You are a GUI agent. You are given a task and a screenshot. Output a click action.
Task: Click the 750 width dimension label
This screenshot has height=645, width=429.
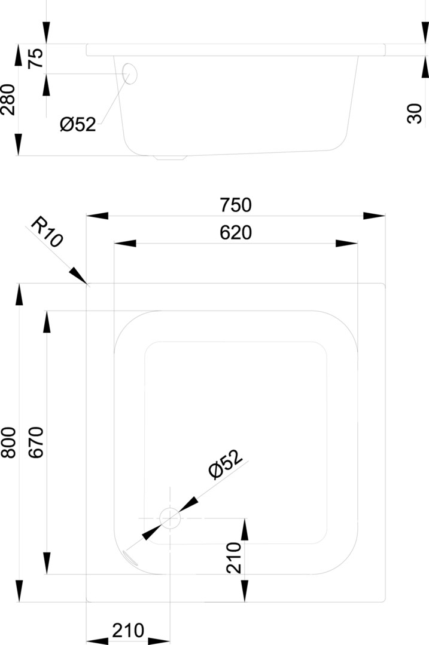click(x=235, y=205)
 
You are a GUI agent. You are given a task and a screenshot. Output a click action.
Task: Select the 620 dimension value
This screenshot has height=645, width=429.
click(x=235, y=233)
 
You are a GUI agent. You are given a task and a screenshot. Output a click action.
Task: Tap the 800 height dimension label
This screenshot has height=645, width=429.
click(x=8, y=442)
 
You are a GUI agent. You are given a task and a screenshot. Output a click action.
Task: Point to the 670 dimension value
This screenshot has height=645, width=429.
click(x=36, y=442)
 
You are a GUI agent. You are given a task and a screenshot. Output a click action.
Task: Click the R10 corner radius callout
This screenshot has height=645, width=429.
click(x=46, y=232)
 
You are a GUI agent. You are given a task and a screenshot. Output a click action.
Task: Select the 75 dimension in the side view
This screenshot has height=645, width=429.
click(x=36, y=59)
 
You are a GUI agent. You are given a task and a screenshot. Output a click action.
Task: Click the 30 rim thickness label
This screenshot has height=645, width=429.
click(x=414, y=112)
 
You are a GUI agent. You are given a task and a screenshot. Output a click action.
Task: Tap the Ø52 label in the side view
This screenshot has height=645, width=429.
click(x=78, y=124)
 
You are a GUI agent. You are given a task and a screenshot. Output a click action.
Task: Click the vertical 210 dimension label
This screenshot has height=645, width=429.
click(x=234, y=558)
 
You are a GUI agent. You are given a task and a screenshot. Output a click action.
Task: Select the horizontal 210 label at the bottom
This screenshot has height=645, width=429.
click(x=128, y=630)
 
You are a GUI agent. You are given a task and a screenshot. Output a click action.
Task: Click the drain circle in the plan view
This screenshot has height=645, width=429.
click(x=170, y=518)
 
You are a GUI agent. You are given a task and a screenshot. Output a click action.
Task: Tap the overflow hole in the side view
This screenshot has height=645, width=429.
click(x=130, y=74)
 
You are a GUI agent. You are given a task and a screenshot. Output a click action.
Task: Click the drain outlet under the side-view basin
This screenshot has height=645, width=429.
click(x=171, y=158)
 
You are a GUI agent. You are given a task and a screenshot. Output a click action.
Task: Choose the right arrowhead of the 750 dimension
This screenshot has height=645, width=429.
click(x=375, y=216)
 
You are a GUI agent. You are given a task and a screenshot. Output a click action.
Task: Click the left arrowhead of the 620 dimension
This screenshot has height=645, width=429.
click(x=124, y=244)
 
